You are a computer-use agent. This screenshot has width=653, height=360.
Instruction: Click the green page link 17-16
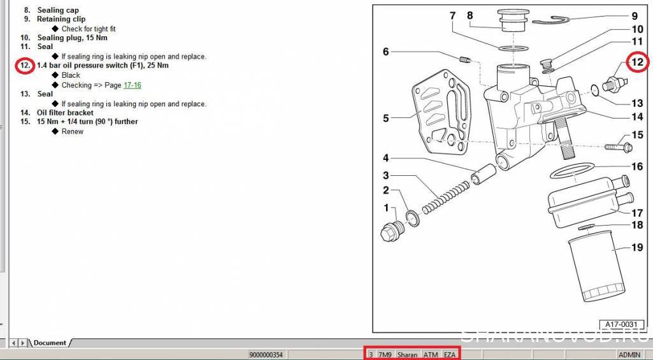[x=133, y=85]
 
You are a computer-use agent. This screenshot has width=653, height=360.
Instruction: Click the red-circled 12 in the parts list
[x=25, y=66]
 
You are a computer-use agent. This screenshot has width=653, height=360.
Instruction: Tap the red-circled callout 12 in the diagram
[x=638, y=62]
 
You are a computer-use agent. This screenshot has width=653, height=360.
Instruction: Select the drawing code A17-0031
[x=621, y=324]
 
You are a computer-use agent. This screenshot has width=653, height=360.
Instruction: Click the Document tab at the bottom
[x=50, y=343]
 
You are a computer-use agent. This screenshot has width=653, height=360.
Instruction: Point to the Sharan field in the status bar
[x=407, y=355]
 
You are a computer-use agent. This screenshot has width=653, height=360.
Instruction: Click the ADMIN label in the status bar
[x=629, y=355]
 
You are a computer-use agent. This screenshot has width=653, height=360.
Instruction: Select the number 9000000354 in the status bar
[x=266, y=355]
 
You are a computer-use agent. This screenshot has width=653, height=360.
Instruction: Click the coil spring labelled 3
[x=445, y=198]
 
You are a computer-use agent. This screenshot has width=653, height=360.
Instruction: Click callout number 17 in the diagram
[x=637, y=213]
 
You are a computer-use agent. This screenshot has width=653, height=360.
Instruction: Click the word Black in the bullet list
[x=71, y=75]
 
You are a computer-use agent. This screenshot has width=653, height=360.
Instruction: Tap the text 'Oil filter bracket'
[x=66, y=113]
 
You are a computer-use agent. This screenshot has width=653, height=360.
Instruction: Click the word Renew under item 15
[x=73, y=131]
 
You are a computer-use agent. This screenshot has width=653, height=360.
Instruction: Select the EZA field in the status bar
[x=449, y=355]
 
